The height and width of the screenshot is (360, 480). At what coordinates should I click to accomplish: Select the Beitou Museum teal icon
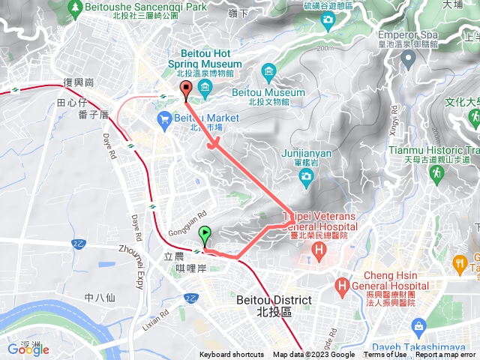click(x=268, y=71)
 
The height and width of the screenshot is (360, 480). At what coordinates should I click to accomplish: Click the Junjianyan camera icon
click(x=306, y=176)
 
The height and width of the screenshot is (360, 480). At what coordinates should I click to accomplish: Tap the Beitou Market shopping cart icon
click(x=163, y=118)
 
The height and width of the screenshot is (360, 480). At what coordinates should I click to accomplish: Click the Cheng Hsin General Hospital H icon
click(x=343, y=286)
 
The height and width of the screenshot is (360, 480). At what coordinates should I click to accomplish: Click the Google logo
click(x=28, y=349)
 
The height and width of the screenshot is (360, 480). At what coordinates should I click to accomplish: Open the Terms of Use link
click(x=385, y=355)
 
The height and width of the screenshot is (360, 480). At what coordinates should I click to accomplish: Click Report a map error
click(x=446, y=355)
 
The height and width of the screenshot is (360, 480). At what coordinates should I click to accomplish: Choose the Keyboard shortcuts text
click(x=232, y=355)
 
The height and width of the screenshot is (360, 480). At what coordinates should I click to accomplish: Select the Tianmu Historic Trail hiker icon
click(x=437, y=174)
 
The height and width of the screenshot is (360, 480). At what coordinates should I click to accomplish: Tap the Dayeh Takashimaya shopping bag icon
click(x=418, y=327)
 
